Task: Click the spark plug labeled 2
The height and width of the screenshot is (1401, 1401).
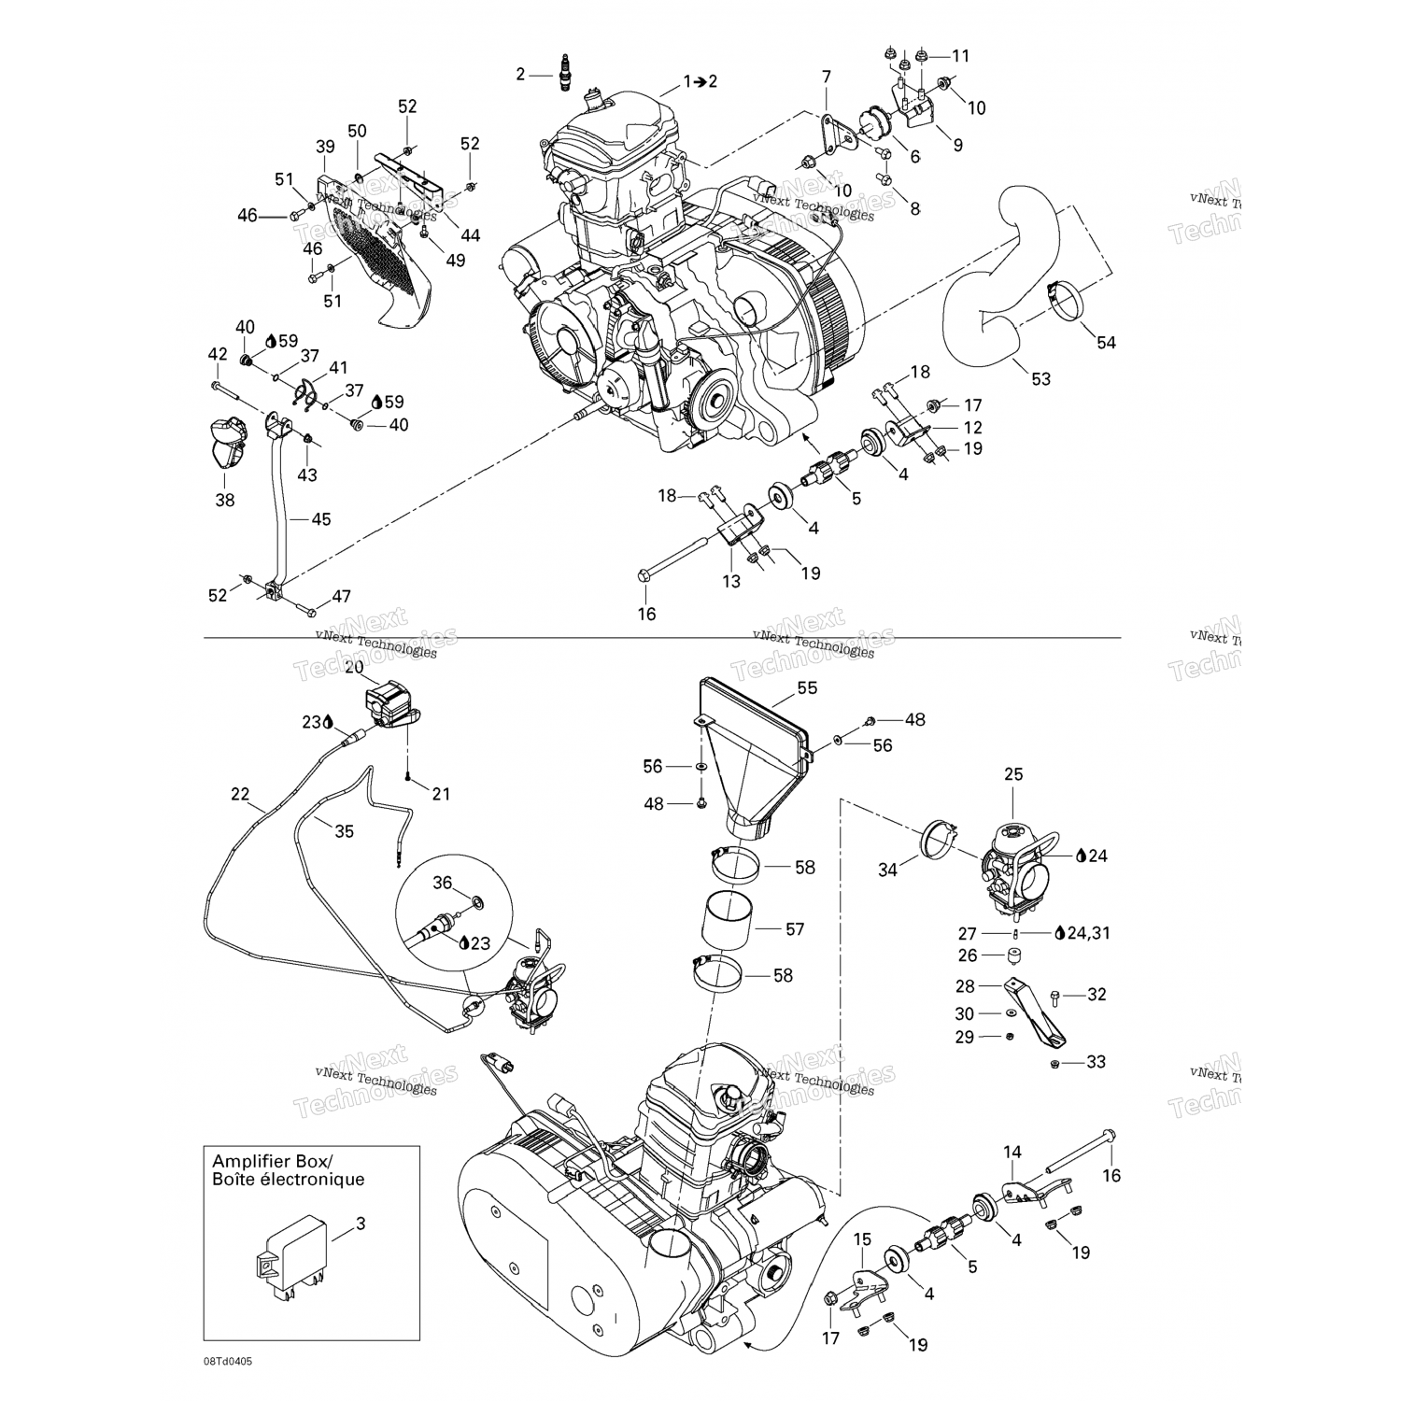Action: point(563,74)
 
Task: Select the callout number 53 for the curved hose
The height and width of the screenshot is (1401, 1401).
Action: point(1040,378)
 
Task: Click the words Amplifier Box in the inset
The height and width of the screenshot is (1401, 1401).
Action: point(271,1161)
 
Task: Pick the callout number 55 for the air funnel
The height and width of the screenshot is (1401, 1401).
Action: point(807,687)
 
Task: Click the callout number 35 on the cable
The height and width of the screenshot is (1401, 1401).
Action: point(344,830)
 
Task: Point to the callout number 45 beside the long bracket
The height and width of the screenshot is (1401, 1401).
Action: point(320,519)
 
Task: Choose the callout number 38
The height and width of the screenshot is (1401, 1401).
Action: point(225,500)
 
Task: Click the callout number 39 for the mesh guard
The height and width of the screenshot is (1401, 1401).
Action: point(325,146)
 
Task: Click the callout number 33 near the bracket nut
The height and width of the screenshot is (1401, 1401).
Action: point(1096,1062)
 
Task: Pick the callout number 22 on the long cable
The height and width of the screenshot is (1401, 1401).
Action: point(241,794)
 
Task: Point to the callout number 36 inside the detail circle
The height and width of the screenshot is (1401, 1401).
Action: point(442,883)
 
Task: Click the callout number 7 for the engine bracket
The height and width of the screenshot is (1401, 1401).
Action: point(827,76)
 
